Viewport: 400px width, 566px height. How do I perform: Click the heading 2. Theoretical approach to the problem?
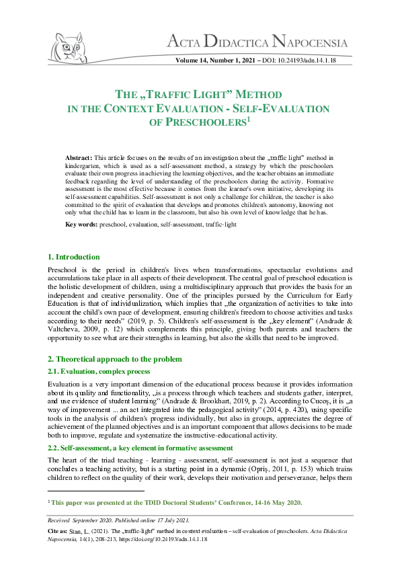[114, 359]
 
